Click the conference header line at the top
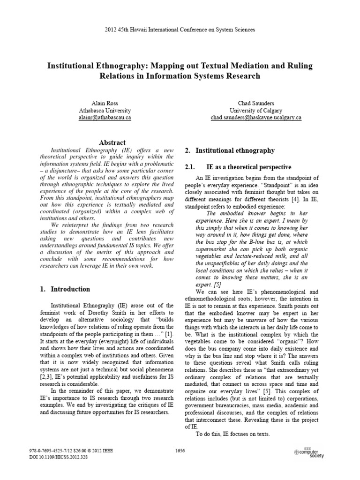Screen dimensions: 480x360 click(180, 30)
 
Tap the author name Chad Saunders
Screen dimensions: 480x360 click(255, 102)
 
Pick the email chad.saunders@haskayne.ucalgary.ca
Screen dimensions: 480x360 click(255, 118)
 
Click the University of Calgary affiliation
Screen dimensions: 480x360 click(255, 110)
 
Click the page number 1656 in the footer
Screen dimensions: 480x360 click(180, 451)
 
